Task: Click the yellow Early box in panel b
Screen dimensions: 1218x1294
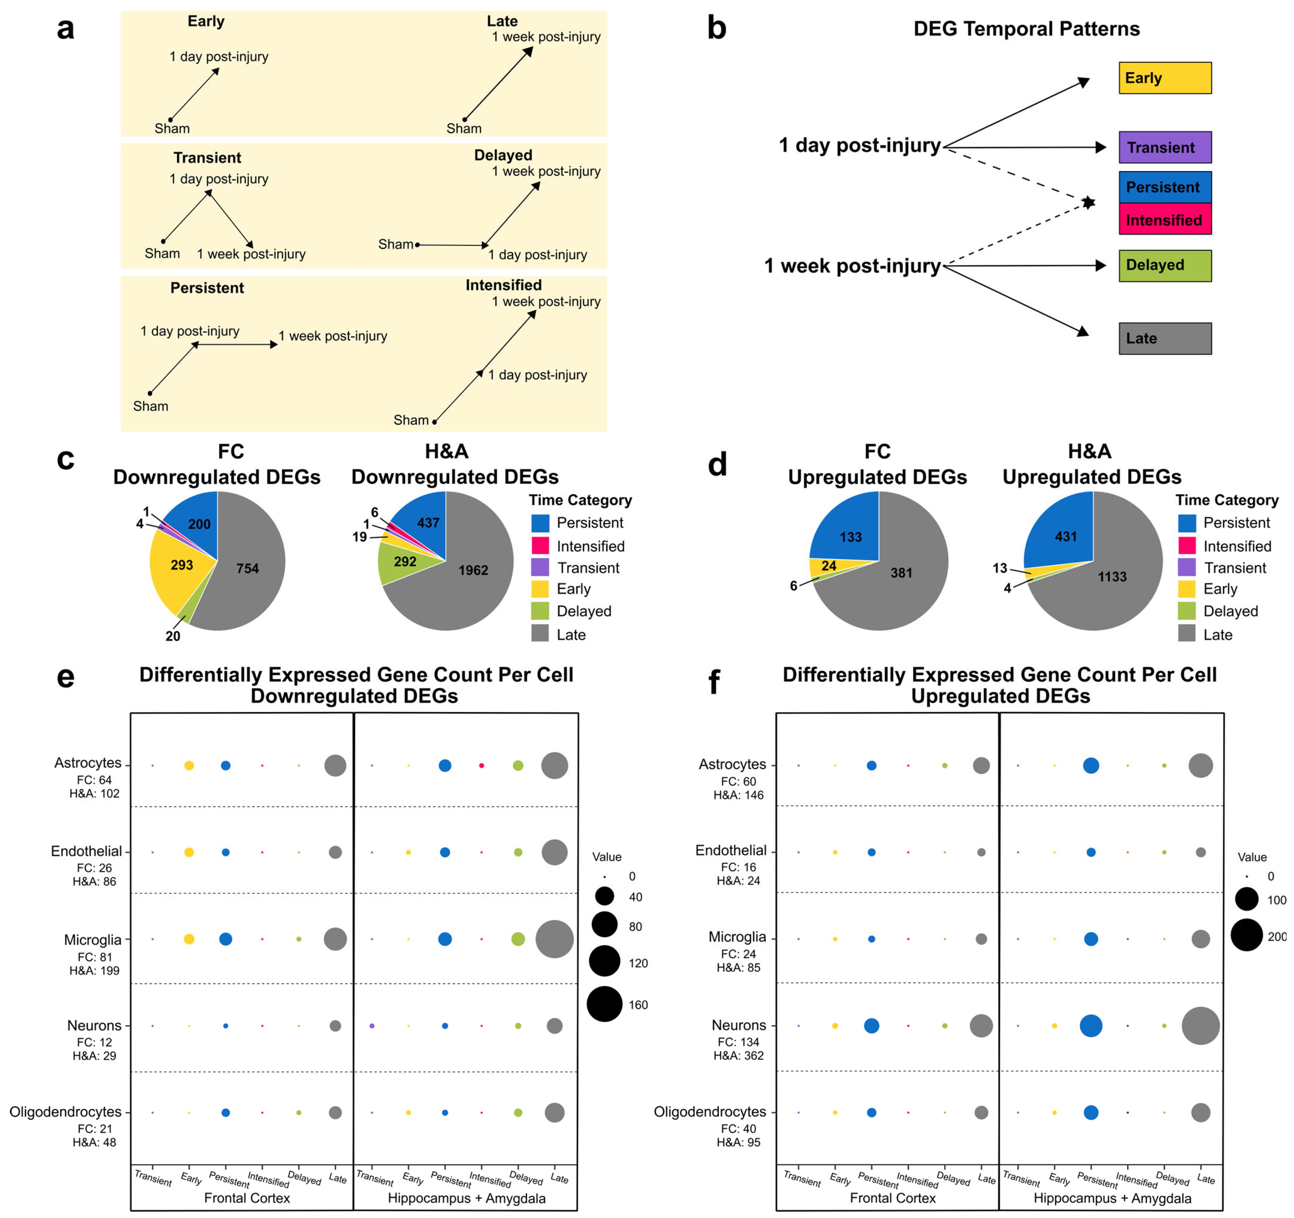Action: click(1164, 78)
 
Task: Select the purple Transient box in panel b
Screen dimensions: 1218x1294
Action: click(1164, 147)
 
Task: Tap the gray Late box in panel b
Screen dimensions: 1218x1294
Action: click(1164, 339)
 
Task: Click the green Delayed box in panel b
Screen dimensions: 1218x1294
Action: click(1164, 266)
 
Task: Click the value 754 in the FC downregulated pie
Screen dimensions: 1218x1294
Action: click(247, 568)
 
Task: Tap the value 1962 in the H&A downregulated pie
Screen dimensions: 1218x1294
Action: click(473, 570)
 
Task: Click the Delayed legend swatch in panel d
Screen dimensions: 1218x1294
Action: click(1187, 611)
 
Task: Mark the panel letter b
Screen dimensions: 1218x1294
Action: click(717, 29)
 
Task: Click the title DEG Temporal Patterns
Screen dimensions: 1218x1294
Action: click(1026, 29)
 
